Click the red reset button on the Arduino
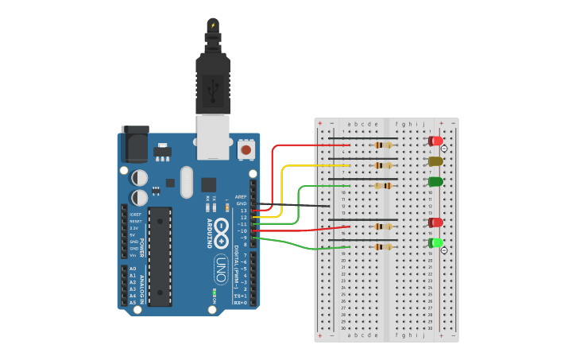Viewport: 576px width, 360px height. (x=246, y=149)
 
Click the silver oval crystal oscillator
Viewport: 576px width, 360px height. (x=187, y=182)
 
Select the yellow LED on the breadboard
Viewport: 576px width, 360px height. (x=435, y=161)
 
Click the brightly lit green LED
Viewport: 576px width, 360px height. (x=435, y=242)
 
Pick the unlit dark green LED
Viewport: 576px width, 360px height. (x=435, y=182)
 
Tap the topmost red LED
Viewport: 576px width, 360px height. (x=435, y=141)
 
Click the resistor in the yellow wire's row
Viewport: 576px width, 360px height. (x=383, y=165)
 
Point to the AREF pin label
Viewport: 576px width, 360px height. (x=241, y=196)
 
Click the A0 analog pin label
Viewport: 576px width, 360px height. (x=132, y=269)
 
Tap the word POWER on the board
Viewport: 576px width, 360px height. (x=142, y=248)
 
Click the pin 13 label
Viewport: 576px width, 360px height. (x=243, y=210)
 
